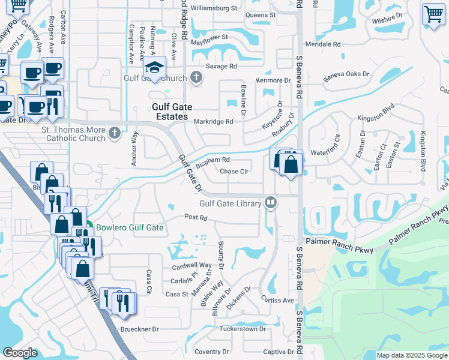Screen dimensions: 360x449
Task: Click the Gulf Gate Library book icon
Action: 271,203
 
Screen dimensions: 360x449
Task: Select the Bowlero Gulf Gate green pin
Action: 88,227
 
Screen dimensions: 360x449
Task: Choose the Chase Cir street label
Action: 234,172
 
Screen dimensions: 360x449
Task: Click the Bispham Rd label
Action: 213,160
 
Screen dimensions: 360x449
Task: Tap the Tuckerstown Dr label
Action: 242,329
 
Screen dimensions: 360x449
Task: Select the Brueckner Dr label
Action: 138,329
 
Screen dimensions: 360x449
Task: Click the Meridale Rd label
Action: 322,44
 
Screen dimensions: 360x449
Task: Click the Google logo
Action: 20,353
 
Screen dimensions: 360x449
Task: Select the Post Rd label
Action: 196,217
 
